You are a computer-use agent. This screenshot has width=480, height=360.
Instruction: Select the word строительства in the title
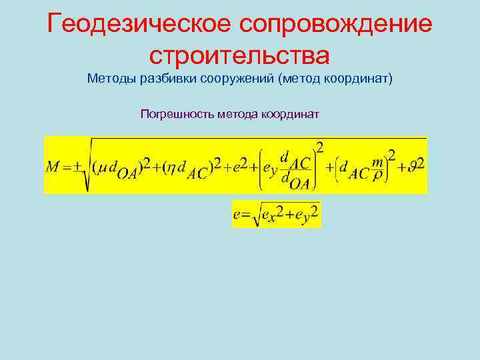point(240,53)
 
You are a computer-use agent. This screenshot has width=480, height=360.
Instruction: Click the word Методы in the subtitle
point(111,79)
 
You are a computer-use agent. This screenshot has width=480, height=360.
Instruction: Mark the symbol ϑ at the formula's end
point(413,167)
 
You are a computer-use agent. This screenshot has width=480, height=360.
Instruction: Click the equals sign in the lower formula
point(245,214)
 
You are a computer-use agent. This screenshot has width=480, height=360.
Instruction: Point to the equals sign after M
point(67,167)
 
